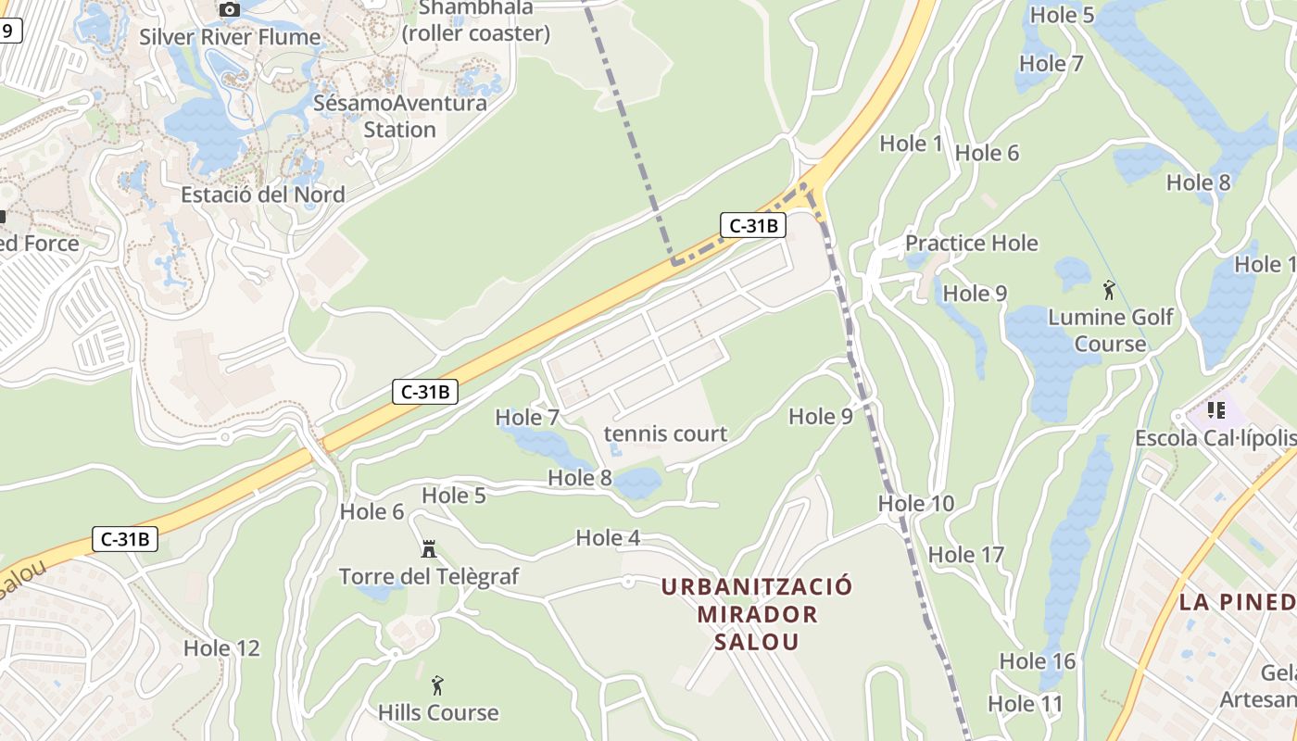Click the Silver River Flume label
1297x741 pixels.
click(230, 37)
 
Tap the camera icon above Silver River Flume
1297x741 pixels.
click(230, 10)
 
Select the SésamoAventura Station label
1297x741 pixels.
click(400, 116)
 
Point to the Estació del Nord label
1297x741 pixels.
click(263, 195)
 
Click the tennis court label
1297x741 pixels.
click(665, 433)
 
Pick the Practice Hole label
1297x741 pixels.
click(971, 243)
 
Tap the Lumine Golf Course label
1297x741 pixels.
click(1110, 331)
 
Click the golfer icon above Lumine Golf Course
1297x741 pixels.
click(1109, 290)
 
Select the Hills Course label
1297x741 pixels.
click(438, 712)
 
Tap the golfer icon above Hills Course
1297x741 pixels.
click(437, 685)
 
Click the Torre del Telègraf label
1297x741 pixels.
click(429, 576)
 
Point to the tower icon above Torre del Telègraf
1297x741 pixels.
click(428, 549)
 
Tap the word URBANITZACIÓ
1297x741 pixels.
click(757, 586)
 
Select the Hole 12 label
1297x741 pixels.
click(221, 647)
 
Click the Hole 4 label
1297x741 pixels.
click(608, 537)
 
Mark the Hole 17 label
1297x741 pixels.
click(966, 555)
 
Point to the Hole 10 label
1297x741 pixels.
click(915, 504)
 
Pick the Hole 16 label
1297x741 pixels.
click(1038, 661)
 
